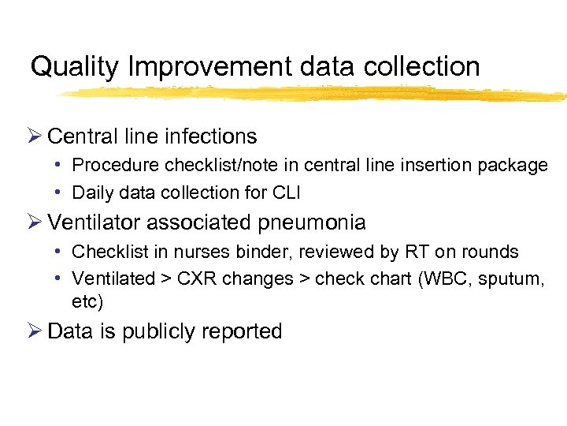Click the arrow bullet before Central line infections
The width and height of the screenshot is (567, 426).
tap(36, 136)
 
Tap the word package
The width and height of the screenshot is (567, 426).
tap(515, 166)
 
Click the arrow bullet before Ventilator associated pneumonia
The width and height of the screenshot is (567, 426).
tap(36, 223)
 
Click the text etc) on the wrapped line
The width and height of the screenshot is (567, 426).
tap(87, 301)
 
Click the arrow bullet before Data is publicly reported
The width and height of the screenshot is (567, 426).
tap(36, 331)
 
